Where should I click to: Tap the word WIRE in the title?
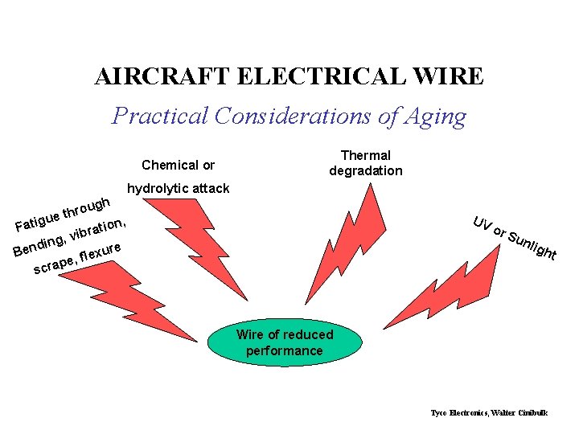click(454, 76)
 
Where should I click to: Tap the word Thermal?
click(365, 155)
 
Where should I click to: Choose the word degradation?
click(365, 170)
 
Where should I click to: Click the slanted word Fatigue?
click(37, 218)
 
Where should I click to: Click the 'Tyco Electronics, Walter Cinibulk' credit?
click(489, 412)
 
